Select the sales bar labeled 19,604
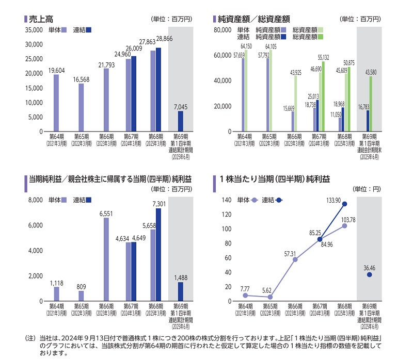click(x=56, y=103)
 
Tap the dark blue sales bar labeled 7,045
click(x=180, y=121)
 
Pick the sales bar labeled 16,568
click(x=81, y=107)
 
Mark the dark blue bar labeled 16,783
click(x=368, y=121)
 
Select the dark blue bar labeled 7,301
click(x=158, y=255)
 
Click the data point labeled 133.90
click(x=345, y=204)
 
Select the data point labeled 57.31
click(x=295, y=259)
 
